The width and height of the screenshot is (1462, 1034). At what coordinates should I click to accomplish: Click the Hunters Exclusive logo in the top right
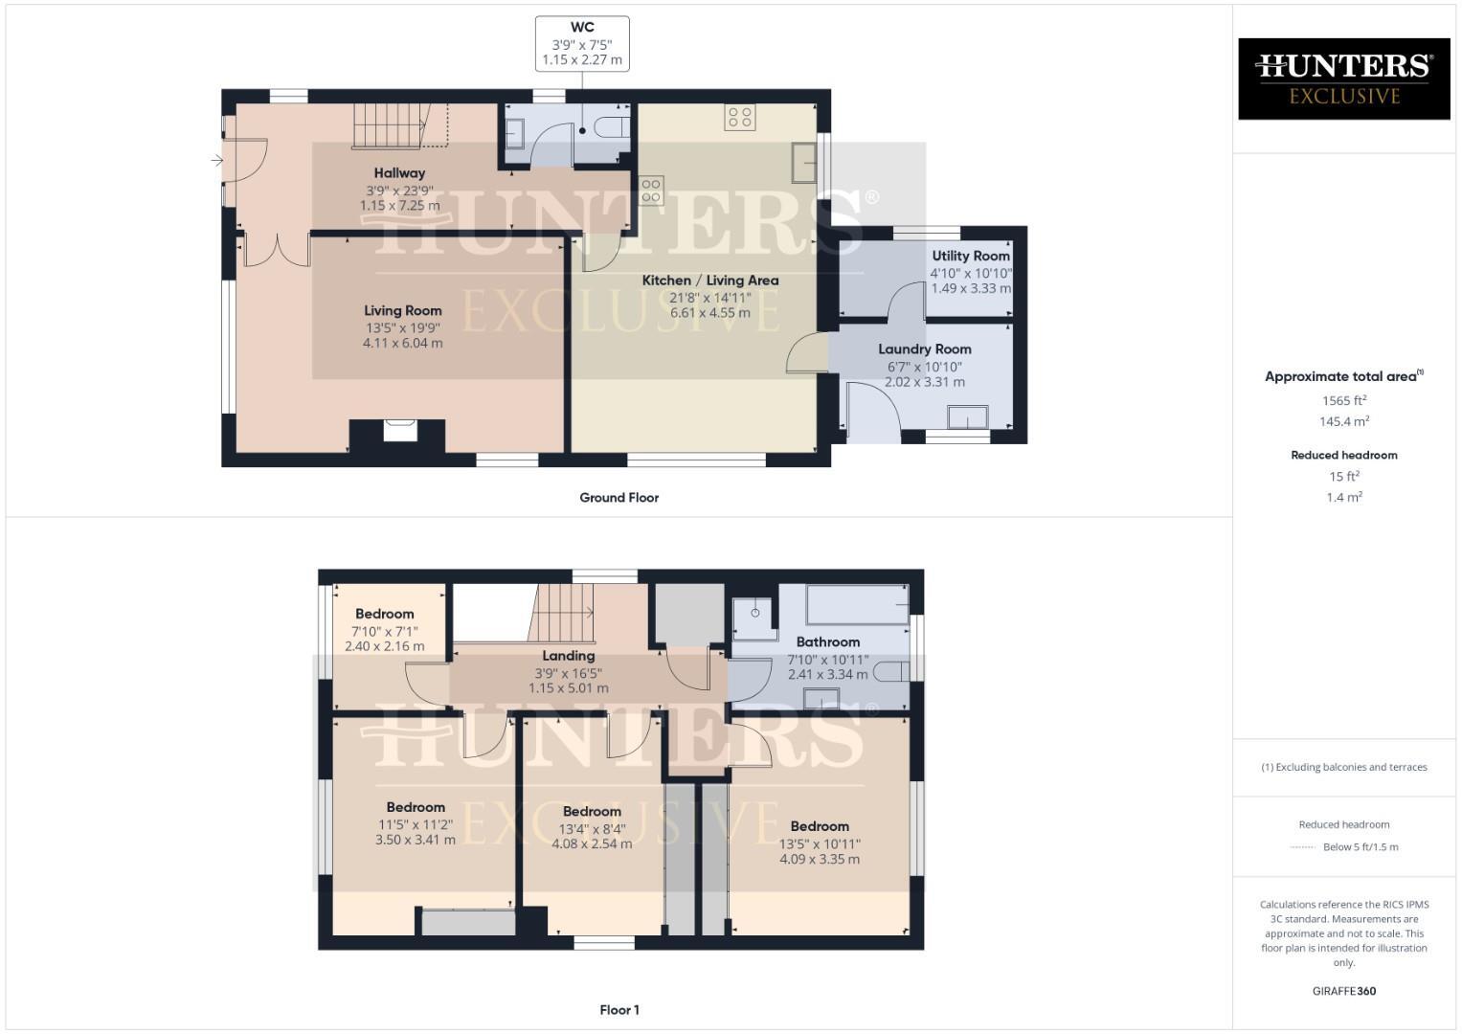point(1343,79)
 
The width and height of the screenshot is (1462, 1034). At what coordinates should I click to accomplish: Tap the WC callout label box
point(582,44)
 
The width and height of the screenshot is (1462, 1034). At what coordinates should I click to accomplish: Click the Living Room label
point(402,310)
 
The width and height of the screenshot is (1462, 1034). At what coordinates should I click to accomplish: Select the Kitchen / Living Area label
point(709,281)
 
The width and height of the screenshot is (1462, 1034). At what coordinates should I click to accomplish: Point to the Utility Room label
point(971,256)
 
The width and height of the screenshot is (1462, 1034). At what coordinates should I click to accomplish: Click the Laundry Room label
point(924,349)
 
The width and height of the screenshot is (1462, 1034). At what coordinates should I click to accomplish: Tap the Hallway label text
point(399,173)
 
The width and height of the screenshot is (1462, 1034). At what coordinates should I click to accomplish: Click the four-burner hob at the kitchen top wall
point(739,118)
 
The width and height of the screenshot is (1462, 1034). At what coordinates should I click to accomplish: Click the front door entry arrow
point(217,161)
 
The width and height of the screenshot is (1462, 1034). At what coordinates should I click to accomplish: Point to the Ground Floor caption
point(619,498)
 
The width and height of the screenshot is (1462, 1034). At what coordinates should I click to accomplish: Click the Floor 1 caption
point(619,1010)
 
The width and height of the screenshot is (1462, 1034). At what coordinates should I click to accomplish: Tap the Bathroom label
point(827,642)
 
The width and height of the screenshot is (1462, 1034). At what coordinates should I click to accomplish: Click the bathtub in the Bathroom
point(857,605)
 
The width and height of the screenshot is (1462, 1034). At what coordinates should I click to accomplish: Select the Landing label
point(569,656)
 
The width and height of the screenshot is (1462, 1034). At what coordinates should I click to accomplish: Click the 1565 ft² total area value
point(1343,401)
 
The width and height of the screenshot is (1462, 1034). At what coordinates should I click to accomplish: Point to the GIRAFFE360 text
point(1343,991)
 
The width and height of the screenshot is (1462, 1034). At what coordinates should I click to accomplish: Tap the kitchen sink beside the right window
point(803,163)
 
